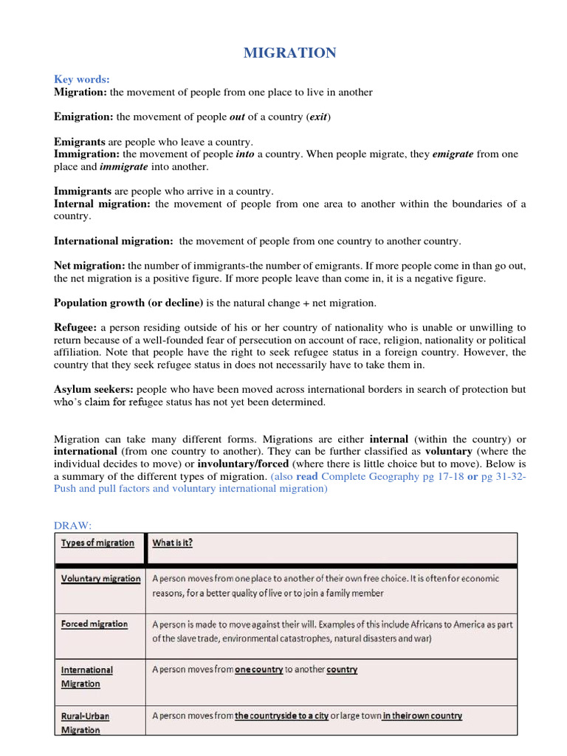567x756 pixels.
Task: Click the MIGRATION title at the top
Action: pyautogui.click(x=289, y=52)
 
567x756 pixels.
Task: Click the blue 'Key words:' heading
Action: pyautogui.click(x=81, y=80)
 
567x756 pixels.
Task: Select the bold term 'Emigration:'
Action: pyautogui.click(x=83, y=117)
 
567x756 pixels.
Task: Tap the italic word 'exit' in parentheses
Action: pyautogui.click(x=319, y=117)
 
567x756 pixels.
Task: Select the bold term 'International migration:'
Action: pyautogui.click(x=114, y=241)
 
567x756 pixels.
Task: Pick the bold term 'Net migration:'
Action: pyautogui.click(x=89, y=265)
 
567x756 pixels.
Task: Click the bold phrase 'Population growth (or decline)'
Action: pyautogui.click(x=128, y=303)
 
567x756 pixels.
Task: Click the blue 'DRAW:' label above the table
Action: pyautogui.click(x=72, y=525)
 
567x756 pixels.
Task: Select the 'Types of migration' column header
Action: pyautogui.click(x=97, y=543)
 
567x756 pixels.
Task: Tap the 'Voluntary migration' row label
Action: pyautogui.click(x=100, y=579)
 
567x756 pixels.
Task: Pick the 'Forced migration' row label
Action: pyautogui.click(x=94, y=624)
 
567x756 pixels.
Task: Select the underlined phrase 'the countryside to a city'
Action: pyautogui.click(x=281, y=716)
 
